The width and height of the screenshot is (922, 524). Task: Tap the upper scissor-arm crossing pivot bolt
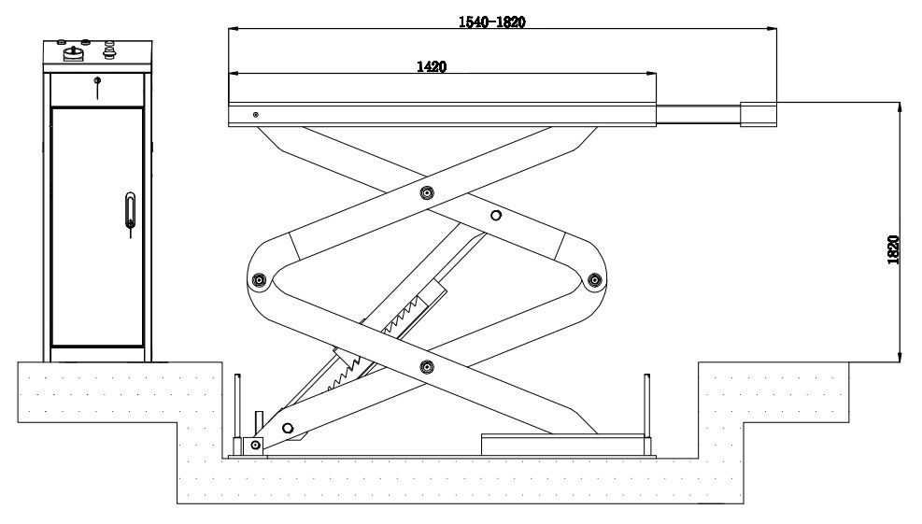pos(427,193)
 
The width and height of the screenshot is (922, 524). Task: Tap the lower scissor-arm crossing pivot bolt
pos(427,365)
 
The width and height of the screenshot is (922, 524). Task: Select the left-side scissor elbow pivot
pos(261,279)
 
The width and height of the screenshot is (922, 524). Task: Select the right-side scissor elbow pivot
pos(593,278)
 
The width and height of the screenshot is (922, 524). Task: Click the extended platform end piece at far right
pos(758,113)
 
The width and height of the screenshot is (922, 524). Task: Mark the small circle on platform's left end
pos(255,114)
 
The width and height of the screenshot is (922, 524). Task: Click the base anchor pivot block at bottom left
pos(252,446)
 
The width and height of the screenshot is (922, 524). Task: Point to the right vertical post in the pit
pos(645,404)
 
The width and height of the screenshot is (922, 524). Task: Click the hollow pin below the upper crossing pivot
pos(495,216)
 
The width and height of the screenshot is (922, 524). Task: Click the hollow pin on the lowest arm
pos(287,428)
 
